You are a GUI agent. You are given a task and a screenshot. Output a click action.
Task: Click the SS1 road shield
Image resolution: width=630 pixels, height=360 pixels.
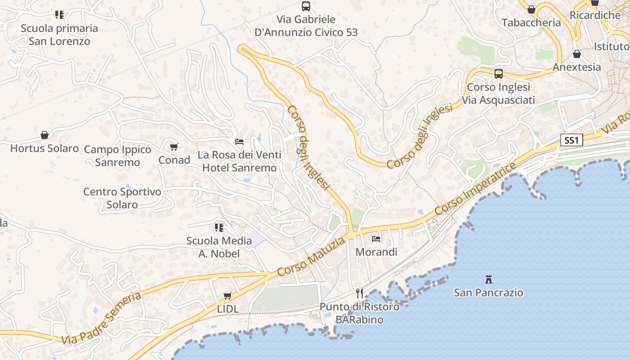571,140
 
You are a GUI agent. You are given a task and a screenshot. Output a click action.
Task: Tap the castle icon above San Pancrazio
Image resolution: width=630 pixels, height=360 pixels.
488,279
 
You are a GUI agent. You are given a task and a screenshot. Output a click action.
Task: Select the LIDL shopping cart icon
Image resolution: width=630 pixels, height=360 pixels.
228,296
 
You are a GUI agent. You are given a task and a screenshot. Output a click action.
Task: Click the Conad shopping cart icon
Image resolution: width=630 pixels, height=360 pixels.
174,147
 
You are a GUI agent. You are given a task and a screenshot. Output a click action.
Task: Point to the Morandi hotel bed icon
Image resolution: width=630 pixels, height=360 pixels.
376,238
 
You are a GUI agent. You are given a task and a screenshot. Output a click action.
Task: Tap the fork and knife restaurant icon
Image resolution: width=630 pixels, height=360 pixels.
360,293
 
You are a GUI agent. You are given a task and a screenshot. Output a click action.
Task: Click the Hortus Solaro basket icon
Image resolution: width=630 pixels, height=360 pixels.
45,135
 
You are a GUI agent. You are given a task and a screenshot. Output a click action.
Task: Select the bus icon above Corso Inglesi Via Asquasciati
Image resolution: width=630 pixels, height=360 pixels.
499,74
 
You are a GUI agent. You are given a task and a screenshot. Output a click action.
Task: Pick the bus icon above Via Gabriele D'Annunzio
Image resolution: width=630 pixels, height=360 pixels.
306,6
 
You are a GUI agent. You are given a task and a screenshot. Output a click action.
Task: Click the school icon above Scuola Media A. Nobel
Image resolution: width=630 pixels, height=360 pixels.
219,228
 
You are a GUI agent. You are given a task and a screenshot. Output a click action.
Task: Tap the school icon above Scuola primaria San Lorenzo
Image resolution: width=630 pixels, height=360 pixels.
59,15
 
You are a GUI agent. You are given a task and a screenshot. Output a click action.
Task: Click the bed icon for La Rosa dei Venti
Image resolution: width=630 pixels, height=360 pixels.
239,142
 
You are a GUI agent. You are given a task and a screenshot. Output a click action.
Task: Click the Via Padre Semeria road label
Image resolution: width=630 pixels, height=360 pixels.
101,319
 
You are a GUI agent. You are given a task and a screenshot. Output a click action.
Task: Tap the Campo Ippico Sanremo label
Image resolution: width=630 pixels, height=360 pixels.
117,156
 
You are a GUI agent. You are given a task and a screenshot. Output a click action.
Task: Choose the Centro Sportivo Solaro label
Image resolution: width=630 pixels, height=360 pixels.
122,198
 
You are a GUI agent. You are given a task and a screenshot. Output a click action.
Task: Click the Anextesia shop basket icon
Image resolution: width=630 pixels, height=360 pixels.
577,54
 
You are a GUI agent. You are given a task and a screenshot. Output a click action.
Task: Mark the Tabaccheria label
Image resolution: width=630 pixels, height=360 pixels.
531,22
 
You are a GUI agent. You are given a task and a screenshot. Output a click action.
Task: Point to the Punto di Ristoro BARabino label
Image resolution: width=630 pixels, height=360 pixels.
359,313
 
